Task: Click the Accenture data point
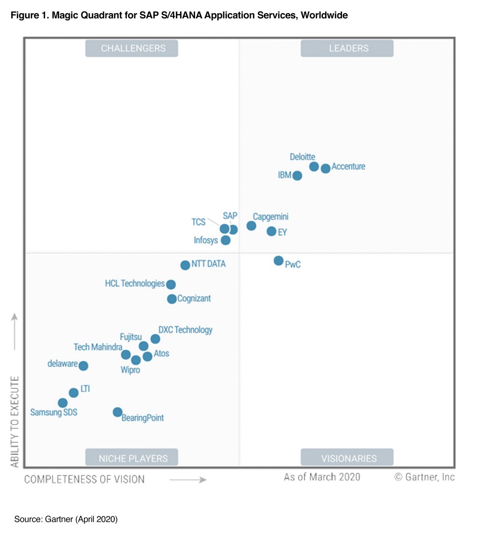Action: point(326,168)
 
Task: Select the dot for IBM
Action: point(297,176)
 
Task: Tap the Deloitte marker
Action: point(314,166)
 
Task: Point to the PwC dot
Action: point(279,261)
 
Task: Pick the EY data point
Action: point(271,231)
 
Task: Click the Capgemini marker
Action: point(251,225)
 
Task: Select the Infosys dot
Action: point(226,240)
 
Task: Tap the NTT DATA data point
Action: point(185,265)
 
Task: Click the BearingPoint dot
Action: point(117,412)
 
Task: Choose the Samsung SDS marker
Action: point(62,403)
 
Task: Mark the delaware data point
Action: point(83,366)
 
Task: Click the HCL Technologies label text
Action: point(135,284)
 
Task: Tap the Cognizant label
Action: point(194,298)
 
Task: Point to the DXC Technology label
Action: point(186,330)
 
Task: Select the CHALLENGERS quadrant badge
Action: point(133,48)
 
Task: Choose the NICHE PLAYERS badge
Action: point(133,458)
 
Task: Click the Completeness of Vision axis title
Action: point(84,479)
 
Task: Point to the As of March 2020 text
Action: point(322,477)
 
